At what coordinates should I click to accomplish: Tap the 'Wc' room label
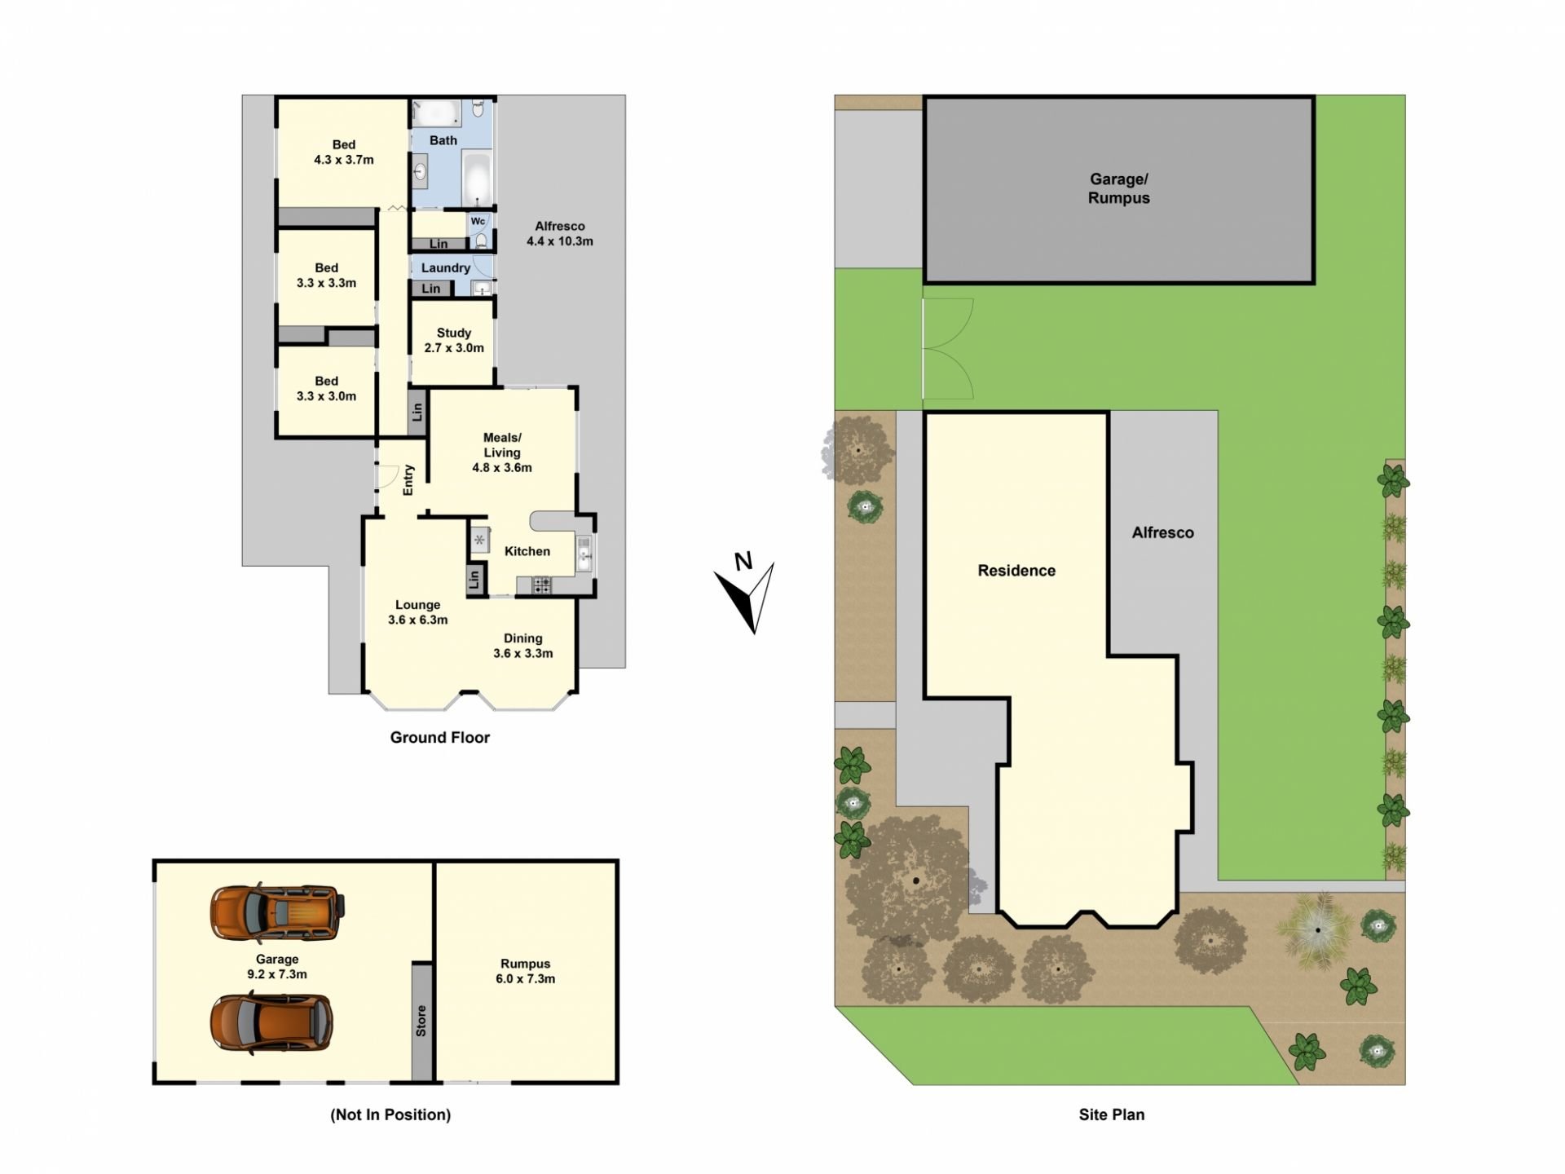click(x=478, y=221)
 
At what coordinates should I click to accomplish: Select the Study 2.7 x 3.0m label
click(x=454, y=340)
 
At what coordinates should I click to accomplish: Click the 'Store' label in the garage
click(x=421, y=1021)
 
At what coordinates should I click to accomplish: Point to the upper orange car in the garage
click(x=278, y=912)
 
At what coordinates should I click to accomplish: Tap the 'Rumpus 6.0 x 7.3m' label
click(x=526, y=971)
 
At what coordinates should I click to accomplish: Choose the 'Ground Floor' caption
click(x=440, y=737)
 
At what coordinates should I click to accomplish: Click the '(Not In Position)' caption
click(x=390, y=1114)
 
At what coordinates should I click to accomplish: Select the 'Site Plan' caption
click(x=1112, y=1114)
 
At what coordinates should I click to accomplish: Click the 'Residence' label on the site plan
click(x=1016, y=571)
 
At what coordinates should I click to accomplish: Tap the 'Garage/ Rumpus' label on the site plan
click(x=1118, y=188)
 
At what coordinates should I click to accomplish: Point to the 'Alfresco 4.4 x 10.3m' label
click(x=560, y=233)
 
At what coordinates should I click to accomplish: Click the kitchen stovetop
click(x=542, y=584)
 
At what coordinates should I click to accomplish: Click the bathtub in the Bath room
click(x=476, y=179)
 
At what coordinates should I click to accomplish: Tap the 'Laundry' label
click(x=446, y=267)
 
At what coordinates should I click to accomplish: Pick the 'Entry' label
click(x=408, y=480)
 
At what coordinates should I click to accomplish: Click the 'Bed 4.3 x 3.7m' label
click(x=344, y=152)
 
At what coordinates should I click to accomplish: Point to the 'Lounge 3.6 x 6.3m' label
click(x=418, y=612)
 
